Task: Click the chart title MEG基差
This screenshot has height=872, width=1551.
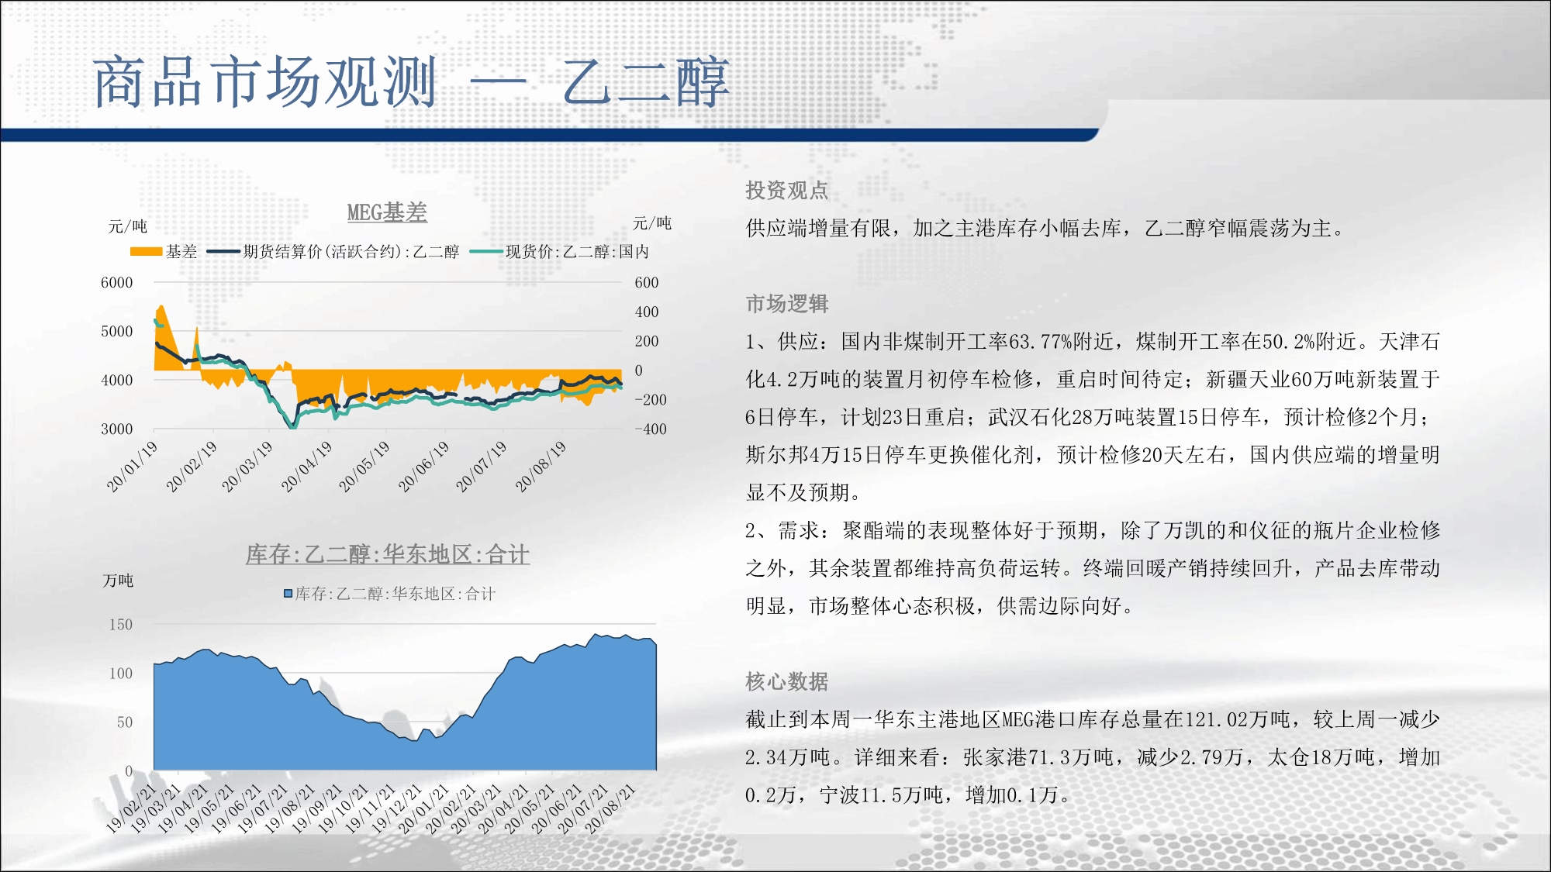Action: tap(387, 212)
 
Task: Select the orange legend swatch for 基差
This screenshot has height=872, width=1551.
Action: tap(146, 251)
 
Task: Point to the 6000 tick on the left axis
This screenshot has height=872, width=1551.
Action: tap(117, 283)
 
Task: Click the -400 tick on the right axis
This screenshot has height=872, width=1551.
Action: tap(650, 429)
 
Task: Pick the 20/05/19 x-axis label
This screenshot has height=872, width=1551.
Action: tap(364, 467)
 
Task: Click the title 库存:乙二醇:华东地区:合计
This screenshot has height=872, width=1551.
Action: tap(388, 554)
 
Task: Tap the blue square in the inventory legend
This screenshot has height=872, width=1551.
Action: tap(288, 594)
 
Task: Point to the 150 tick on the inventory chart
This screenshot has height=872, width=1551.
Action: tap(120, 625)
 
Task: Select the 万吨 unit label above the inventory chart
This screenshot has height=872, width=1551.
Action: tap(118, 581)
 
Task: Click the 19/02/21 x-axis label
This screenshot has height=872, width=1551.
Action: tap(131, 808)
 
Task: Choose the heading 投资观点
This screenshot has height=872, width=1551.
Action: tap(787, 191)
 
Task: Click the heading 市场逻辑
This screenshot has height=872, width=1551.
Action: tap(787, 304)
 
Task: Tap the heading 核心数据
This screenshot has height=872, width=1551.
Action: tap(787, 681)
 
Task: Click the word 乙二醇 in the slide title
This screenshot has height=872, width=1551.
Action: tap(647, 81)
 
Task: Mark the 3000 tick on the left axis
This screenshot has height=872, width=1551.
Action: tap(117, 429)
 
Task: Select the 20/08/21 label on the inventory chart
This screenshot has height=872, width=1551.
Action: tap(610, 808)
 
